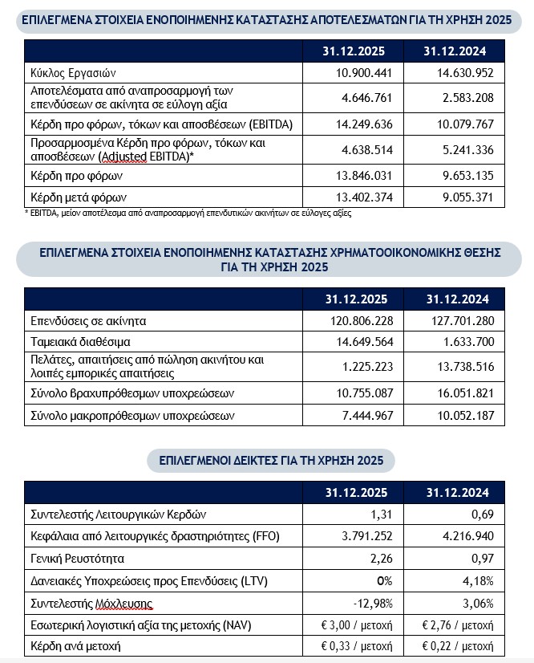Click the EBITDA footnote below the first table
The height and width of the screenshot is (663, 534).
tap(188, 214)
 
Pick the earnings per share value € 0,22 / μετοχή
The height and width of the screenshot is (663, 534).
tap(456, 645)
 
